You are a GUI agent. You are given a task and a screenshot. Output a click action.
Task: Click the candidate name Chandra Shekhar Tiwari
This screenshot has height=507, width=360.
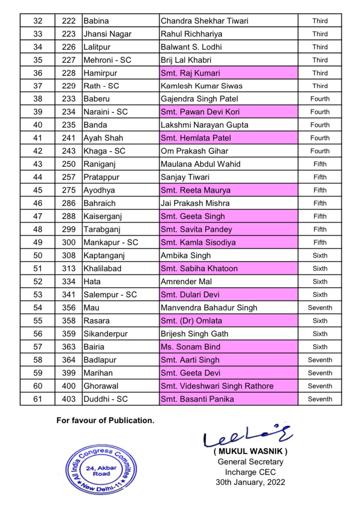pyautogui.click(x=204, y=21)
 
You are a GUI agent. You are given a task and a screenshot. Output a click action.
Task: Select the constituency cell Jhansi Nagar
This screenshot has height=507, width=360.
pyautogui.click(x=107, y=34)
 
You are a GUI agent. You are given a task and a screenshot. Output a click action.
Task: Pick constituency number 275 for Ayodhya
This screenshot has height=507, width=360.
pyautogui.click(x=69, y=190)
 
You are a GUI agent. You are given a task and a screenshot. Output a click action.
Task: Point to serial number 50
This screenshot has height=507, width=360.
pyautogui.click(x=38, y=255)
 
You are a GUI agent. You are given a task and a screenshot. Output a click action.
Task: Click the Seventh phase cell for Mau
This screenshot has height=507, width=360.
pyautogui.click(x=320, y=308)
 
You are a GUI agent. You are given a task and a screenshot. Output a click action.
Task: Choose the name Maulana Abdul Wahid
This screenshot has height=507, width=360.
pyautogui.click(x=200, y=164)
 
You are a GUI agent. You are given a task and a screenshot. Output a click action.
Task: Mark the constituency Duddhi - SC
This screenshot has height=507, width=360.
pyautogui.click(x=106, y=399)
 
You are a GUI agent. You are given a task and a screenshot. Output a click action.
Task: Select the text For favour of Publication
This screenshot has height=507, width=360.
pyautogui.click(x=105, y=421)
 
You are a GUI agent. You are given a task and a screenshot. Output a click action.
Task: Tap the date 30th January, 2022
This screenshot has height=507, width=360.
pyautogui.click(x=250, y=482)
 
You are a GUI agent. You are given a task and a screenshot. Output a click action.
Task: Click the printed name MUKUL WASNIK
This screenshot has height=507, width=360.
pyautogui.click(x=250, y=451)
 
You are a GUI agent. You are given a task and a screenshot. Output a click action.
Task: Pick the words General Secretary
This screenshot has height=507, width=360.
pyautogui.click(x=250, y=462)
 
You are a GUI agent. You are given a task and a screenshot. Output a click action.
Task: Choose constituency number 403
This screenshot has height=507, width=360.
pyautogui.click(x=69, y=399)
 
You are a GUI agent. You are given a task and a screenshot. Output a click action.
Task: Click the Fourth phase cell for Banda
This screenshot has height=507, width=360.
pyautogui.click(x=320, y=125)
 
